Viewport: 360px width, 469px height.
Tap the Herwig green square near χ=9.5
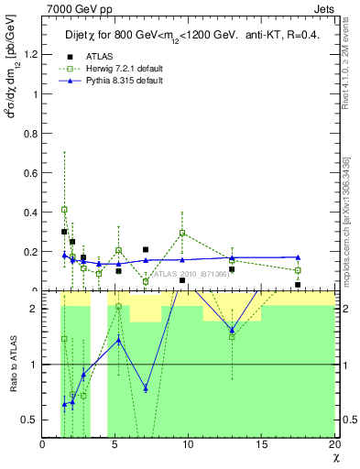[x=182, y=233]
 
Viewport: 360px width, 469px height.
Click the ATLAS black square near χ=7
[x=146, y=249]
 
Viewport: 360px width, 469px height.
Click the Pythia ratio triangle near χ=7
[x=146, y=388]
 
